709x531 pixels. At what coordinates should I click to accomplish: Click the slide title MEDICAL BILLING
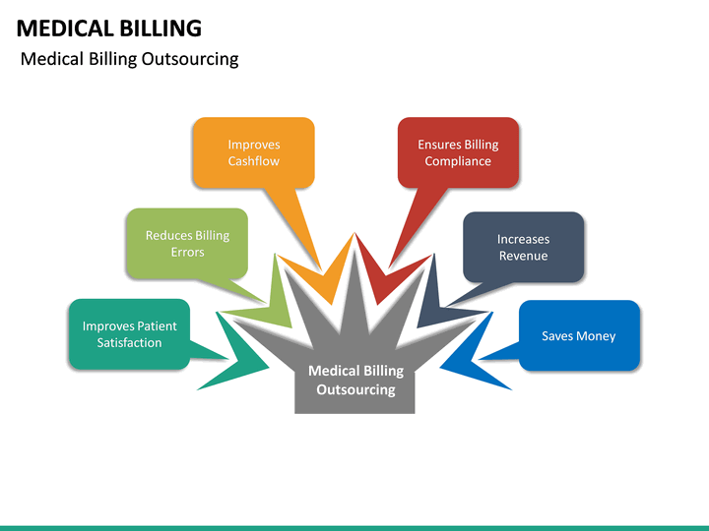pyautogui.click(x=109, y=28)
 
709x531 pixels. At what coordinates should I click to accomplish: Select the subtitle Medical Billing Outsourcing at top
pyautogui.click(x=129, y=59)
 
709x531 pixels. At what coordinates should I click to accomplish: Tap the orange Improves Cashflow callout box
pyautogui.click(x=253, y=152)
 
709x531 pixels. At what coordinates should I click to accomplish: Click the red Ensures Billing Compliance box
pyautogui.click(x=458, y=152)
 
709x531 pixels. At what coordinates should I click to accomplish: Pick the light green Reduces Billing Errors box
pyautogui.click(x=187, y=243)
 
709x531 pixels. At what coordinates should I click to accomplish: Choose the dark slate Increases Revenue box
pyautogui.click(x=523, y=247)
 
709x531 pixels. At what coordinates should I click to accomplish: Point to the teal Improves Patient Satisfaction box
pyautogui.click(x=129, y=334)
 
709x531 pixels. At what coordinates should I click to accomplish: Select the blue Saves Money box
pyautogui.click(x=579, y=335)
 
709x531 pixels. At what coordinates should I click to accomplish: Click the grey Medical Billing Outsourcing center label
pyautogui.click(x=355, y=381)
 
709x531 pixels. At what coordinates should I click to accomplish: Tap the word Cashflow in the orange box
pyautogui.click(x=254, y=161)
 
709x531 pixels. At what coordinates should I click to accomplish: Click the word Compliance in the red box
pyautogui.click(x=458, y=161)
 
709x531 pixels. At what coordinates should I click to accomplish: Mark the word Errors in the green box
pyautogui.click(x=187, y=253)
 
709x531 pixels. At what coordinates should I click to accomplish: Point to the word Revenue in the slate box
pyautogui.click(x=523, y=256)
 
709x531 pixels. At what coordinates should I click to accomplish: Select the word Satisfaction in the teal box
pyautogui.click(x=129, y=343)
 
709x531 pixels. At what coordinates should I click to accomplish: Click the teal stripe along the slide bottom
pyautogui.click(x=354, y=527)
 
